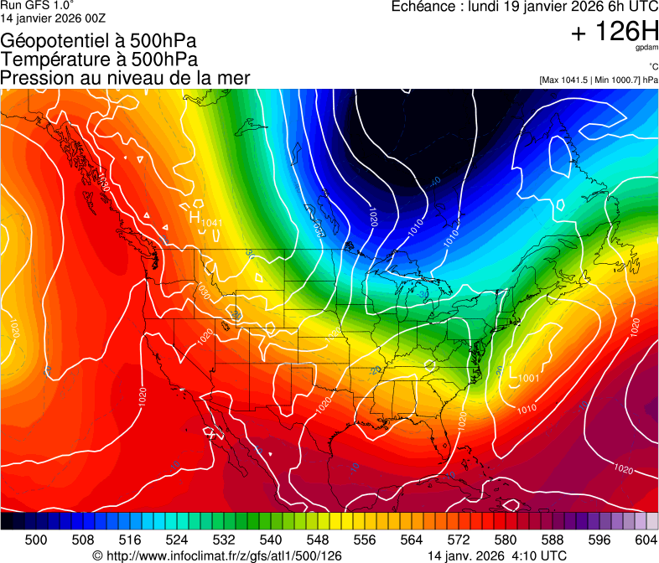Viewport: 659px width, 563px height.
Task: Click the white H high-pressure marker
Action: point(195,216)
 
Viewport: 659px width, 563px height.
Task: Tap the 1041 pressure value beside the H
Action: point(211,222)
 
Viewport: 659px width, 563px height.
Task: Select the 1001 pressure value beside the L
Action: point(528,379)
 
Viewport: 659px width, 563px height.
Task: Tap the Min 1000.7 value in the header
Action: point(615,80)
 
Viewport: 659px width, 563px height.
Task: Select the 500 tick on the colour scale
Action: point(36,540)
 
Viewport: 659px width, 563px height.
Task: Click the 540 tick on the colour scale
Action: point(271,540)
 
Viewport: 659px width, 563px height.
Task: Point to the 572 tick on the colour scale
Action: point(459,540)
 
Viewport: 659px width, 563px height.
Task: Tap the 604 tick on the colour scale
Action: point(646,540)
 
